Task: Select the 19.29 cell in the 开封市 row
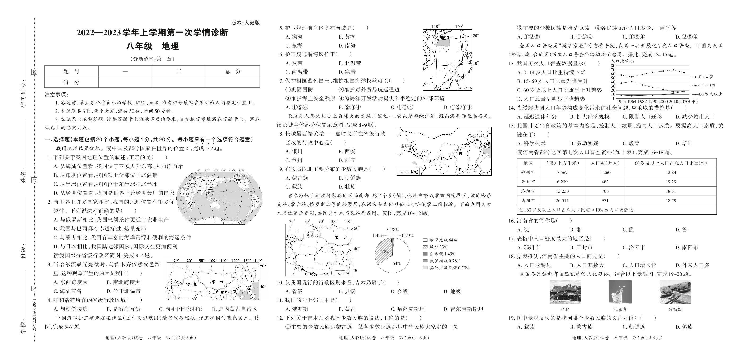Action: point(670,182)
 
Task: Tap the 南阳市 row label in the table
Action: point(528,200)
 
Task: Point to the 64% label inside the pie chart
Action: point(396,263)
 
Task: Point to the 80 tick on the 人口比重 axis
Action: point(613,66)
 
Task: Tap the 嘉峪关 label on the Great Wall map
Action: point(406,146)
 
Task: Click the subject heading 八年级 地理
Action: point(152,46)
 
